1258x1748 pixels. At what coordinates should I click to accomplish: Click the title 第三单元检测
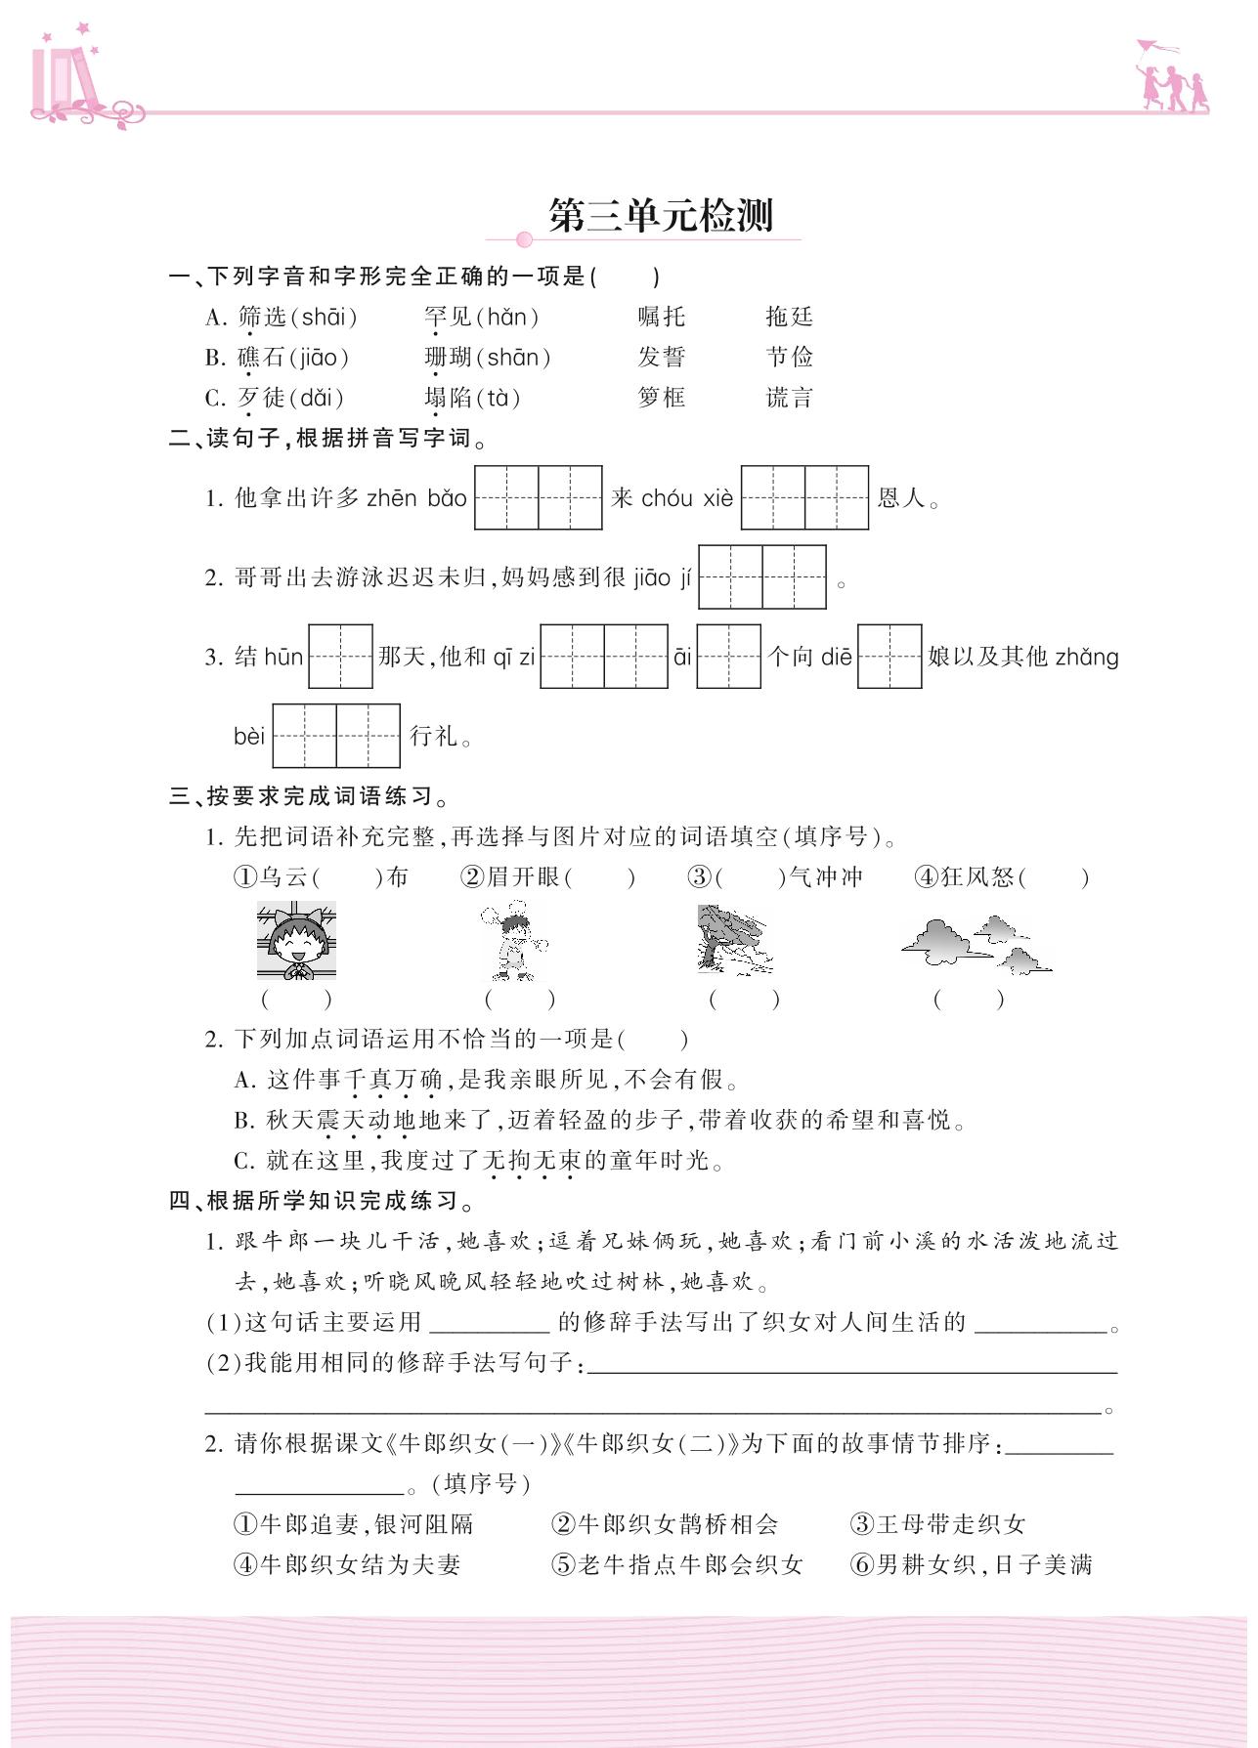point(661,216)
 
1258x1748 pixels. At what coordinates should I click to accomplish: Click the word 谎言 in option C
point(789,398)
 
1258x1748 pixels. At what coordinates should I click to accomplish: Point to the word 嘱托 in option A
point(662,317)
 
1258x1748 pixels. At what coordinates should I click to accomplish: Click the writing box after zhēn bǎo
point(538,498)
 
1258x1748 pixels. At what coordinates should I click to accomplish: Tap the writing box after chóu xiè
point(804,498)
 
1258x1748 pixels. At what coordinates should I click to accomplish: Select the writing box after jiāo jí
point(762,577)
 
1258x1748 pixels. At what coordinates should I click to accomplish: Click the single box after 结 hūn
point(340,657)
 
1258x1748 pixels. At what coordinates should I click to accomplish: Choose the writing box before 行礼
point(336,736)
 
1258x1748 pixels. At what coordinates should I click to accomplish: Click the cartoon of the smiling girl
point(296,941)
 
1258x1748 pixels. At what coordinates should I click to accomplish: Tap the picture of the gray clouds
point(976,945)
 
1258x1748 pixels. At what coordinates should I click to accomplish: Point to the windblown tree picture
point(733,940)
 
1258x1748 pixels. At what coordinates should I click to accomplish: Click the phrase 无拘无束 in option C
point(532,1161)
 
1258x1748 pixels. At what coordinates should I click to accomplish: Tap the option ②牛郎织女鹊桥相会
point(665,1524)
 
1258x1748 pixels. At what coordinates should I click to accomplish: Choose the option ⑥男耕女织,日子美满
point(972,1564)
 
